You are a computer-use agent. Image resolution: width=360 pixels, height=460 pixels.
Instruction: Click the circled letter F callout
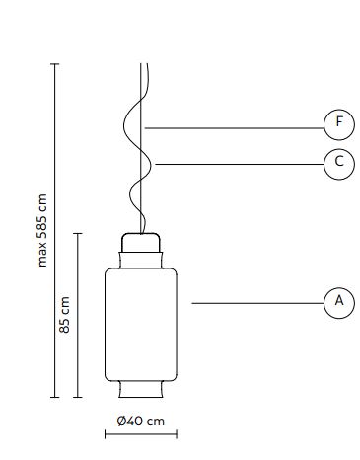(x=339, y=125)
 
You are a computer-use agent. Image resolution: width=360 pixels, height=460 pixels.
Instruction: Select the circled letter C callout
(x=339, y=164)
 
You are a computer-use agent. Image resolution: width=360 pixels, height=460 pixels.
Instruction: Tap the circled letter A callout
(x=339, y=303)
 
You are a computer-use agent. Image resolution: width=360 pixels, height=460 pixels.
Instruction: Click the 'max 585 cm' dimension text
(x=42, y=230)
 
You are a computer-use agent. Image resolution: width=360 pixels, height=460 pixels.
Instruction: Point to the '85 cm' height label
(x=64, y=315)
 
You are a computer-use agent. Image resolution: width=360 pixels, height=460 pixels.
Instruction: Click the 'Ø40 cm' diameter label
(x=140, y=421)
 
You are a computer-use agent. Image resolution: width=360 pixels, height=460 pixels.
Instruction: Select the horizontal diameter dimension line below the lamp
(x=141, y=434)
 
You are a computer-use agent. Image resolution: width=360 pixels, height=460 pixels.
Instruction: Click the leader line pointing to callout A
(x=257, y=303)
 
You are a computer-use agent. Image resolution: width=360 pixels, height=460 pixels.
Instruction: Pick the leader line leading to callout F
(x=234, y=128)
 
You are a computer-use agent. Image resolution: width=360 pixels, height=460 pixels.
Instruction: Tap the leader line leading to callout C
(x=240, y=164)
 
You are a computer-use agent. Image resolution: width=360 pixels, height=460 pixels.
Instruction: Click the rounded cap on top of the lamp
(x=141, y=243)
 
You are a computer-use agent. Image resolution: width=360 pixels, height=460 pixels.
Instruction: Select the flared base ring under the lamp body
(x=141, y=389)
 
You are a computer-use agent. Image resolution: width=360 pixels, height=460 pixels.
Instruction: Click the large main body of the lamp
(x=141, y=325)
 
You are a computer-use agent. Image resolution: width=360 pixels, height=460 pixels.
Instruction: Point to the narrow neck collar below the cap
(x=141, y=261)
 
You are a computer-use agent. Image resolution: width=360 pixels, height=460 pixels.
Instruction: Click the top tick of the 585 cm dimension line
(x=55, y=64)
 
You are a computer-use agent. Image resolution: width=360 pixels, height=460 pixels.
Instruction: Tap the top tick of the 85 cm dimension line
(x=78, y=233)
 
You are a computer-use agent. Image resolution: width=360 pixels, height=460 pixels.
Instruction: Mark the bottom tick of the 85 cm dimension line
(x=78, y=397)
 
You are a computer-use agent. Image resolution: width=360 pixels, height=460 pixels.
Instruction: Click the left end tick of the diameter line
(x=106, y=434)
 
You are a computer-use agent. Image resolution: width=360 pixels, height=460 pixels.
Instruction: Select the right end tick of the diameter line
(x=177, y=434)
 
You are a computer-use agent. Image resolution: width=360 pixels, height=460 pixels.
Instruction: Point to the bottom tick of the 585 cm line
(x=55, y=397)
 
